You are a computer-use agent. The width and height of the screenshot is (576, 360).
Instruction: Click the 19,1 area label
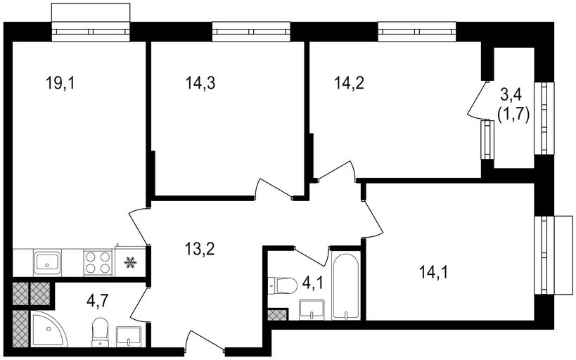click(x=60, y=83)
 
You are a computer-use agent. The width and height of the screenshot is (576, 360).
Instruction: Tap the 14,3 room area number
click(x=200, y=83)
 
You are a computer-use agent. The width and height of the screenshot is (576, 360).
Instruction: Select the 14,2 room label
click(x=349, y=83)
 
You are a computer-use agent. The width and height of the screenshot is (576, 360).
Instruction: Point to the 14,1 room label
click(x=433, y=273)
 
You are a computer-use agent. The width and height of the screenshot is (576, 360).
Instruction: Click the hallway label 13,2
click(x=200, y=250)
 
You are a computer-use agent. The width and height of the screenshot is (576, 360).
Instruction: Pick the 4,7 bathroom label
click(x=98, y=302)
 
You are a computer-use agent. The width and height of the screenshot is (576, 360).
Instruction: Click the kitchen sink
click(x=47, y=263)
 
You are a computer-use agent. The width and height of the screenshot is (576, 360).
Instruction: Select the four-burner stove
click(x=98, y=263)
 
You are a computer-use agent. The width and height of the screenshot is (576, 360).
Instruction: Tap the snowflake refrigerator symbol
click(x=130, y=262)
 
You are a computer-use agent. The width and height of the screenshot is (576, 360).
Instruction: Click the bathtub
click(x=345, y=285)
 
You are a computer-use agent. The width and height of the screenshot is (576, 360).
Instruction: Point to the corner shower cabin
click(x=49, y=329)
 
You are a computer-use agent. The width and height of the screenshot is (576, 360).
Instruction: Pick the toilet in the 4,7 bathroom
click(x=100, y=332)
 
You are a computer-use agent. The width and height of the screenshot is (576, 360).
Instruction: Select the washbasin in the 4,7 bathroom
click(x=129, y=337)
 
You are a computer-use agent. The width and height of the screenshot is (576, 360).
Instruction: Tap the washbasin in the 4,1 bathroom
click(x=312, y=309)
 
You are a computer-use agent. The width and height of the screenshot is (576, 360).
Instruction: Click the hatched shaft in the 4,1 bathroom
click(x=277, y=315)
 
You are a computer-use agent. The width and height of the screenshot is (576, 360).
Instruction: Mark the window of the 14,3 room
click(x=251, y=32)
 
